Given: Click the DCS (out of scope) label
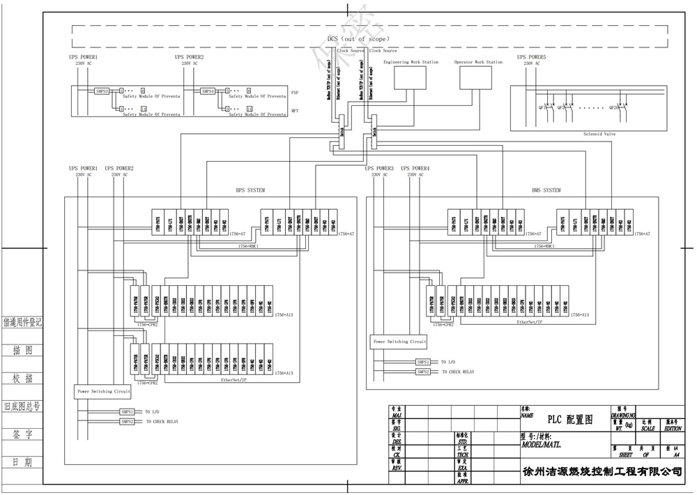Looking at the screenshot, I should click(358, 39).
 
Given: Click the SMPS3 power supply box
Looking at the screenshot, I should click(102, 91).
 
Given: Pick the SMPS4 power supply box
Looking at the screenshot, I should click(208, 91).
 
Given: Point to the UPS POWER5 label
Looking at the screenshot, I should click(531, 57).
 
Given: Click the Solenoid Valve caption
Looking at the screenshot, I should click(599, 133).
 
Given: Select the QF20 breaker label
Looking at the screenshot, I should click(613, 107).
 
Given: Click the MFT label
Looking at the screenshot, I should click(295, 111).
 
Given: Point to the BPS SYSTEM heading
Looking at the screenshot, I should click(250, 190).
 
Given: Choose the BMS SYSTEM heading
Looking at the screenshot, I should click(546, 190).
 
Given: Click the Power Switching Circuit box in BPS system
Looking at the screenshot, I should click(104, 391).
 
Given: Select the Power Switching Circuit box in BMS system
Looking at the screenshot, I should click(399, 342).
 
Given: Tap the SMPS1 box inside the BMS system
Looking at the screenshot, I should click(423, 363).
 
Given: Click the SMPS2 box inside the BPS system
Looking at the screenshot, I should click(128, 422).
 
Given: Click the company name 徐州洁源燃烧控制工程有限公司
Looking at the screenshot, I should click(602, 471).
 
